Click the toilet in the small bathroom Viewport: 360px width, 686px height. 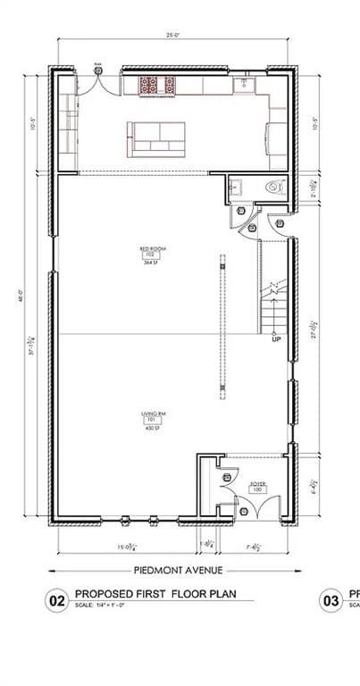coord(274,188)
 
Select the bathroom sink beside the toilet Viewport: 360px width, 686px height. coord(236,187)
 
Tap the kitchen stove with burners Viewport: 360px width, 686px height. coord(159,85)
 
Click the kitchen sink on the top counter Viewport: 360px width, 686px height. coord(241,85)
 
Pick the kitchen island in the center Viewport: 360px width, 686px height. coord(156,138)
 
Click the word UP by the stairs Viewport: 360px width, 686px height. coord(276,339)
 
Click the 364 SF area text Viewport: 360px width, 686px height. coord(153,264)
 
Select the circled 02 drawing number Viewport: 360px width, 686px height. coord(56,602)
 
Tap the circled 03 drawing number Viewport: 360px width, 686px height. coord(331,602)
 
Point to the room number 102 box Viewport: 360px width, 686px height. coord(152,255)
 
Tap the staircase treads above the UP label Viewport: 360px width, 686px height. coord(272,304)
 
